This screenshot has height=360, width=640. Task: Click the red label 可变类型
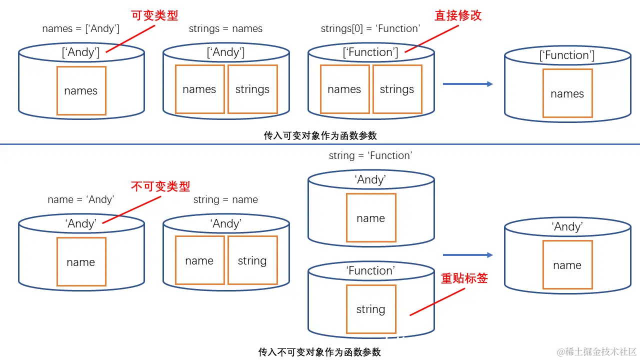tap(154, 15)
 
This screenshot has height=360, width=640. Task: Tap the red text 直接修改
tap(457, 15)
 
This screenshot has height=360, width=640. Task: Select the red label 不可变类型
tap(160, 186)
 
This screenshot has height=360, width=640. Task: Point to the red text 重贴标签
tap(464, 278)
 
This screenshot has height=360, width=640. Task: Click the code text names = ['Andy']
tap(80, 28)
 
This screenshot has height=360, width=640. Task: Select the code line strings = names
tap(225, 28)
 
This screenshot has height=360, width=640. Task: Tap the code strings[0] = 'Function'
tap(370, 28)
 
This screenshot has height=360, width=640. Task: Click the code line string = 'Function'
tap(370, 155)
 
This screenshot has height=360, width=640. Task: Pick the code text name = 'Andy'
tap(80, 199)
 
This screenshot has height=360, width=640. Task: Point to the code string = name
tap(225, 199)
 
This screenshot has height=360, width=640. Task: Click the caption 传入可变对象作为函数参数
tap(320, 135)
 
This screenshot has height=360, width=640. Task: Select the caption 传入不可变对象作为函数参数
tap(319, 352)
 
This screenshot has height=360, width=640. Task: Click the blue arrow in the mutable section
tap(467, 84)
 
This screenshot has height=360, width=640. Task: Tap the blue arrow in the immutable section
tap(467, 255)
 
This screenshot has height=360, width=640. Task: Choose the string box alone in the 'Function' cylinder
tap(371, 309)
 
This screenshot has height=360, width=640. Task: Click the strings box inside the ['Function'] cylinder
tap(397, 89)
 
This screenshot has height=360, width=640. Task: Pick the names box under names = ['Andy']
tap(81, 91)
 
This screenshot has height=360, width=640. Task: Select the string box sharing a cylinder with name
tap(252, 260)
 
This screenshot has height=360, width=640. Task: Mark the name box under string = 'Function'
tap(371, 218)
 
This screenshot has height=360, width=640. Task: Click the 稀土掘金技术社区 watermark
tap(596, 351)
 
